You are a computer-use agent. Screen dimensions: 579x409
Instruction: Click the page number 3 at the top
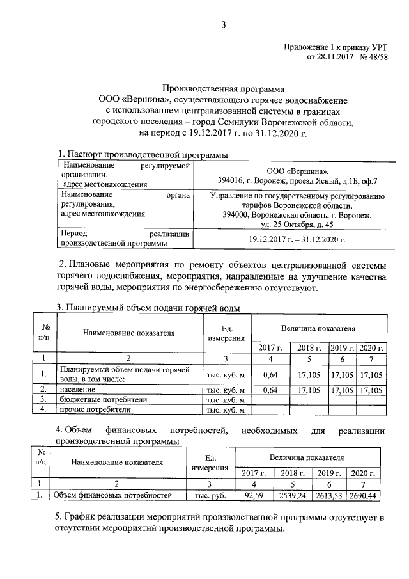[x=224, y=25]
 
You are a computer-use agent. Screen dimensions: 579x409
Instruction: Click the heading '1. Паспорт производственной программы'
[x=142, y=154]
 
